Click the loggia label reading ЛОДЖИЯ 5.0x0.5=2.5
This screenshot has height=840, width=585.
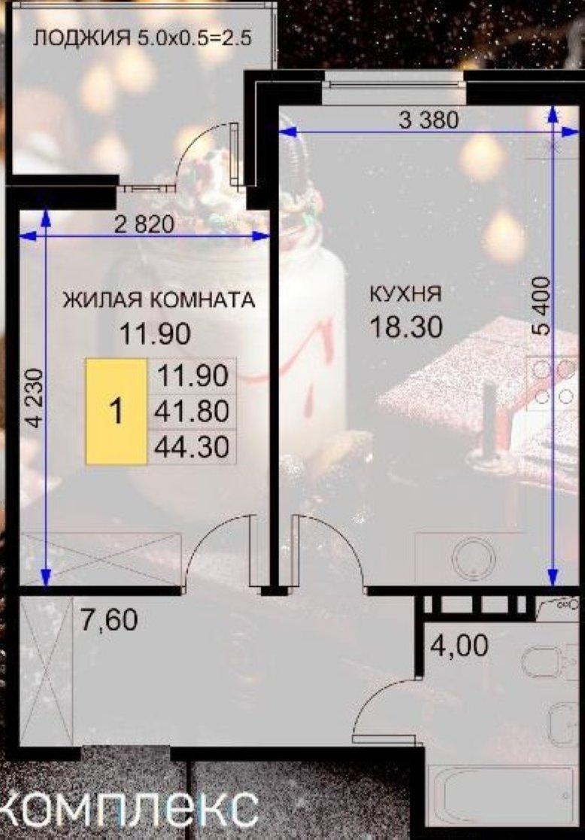[142, 39]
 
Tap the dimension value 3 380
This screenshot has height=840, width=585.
[429, 120]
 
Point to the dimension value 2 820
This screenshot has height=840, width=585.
[144, 224]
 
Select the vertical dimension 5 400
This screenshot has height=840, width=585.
[541, 306]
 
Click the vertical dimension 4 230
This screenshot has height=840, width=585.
[35, 397]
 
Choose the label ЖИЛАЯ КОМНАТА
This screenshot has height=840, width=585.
[159, 300]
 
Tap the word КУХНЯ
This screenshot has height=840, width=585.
[406, 294]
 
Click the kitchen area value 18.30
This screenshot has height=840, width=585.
[407, 327]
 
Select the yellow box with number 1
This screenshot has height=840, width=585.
[116, 412]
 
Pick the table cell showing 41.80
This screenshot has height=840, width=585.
[192, 412]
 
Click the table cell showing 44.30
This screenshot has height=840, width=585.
[192, 446]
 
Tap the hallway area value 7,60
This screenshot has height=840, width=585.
[109, 619]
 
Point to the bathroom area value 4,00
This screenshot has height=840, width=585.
[459, 646]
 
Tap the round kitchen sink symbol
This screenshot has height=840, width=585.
[473, 558]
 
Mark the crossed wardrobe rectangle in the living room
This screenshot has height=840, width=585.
[101, 559]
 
